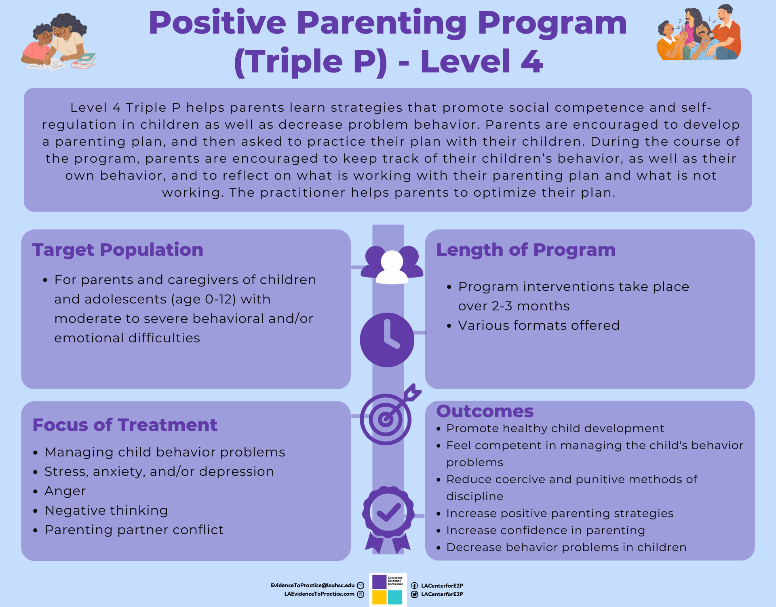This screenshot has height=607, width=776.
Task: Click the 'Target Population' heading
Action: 118,250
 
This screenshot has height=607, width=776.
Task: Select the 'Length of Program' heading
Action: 526,250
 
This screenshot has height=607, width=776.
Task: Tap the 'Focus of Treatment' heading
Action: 125,425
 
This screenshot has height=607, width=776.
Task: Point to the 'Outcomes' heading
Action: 485,411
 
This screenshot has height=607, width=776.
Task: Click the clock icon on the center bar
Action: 387,340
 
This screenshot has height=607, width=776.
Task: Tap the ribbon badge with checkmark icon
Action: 388,520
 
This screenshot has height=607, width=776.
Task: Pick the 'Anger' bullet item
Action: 65,491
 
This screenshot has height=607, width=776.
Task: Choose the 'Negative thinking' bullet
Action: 106,511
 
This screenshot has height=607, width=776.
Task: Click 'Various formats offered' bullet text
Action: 539,325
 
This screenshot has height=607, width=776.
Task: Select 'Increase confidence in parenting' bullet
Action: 546,531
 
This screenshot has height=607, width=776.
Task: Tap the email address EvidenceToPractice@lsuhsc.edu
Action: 312,586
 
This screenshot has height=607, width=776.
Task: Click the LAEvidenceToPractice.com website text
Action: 319,594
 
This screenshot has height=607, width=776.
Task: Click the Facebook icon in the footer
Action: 414,586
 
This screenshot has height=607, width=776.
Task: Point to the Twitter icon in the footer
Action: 414,594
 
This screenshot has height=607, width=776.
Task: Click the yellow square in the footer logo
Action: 379,597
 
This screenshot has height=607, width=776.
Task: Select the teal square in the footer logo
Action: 395,597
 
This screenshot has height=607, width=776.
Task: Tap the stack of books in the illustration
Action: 84,61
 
